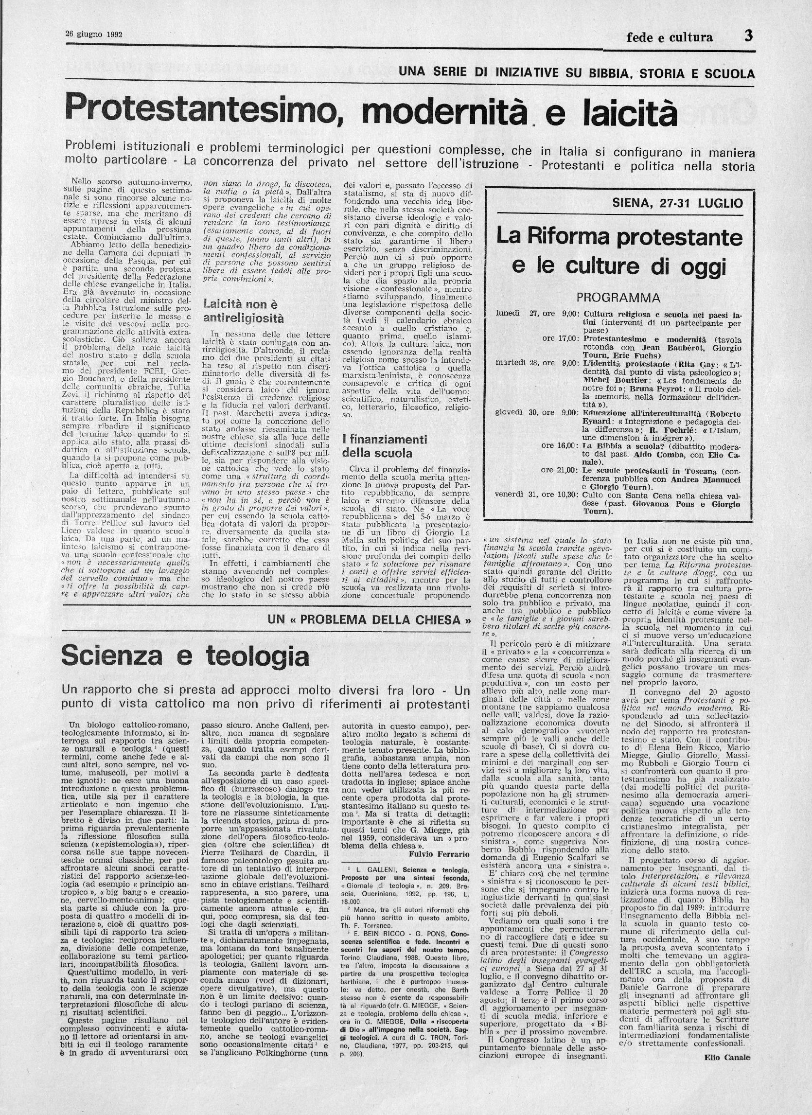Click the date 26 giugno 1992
pos(93,35)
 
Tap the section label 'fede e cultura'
pos(670,37)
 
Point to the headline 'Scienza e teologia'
pos(185,655)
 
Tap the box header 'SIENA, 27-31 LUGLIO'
pos(678,203)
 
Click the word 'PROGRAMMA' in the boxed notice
pos(618,298)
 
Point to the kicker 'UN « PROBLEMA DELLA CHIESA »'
pos(369,620)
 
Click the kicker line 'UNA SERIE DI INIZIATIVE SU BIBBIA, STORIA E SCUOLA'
pos(577,73)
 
